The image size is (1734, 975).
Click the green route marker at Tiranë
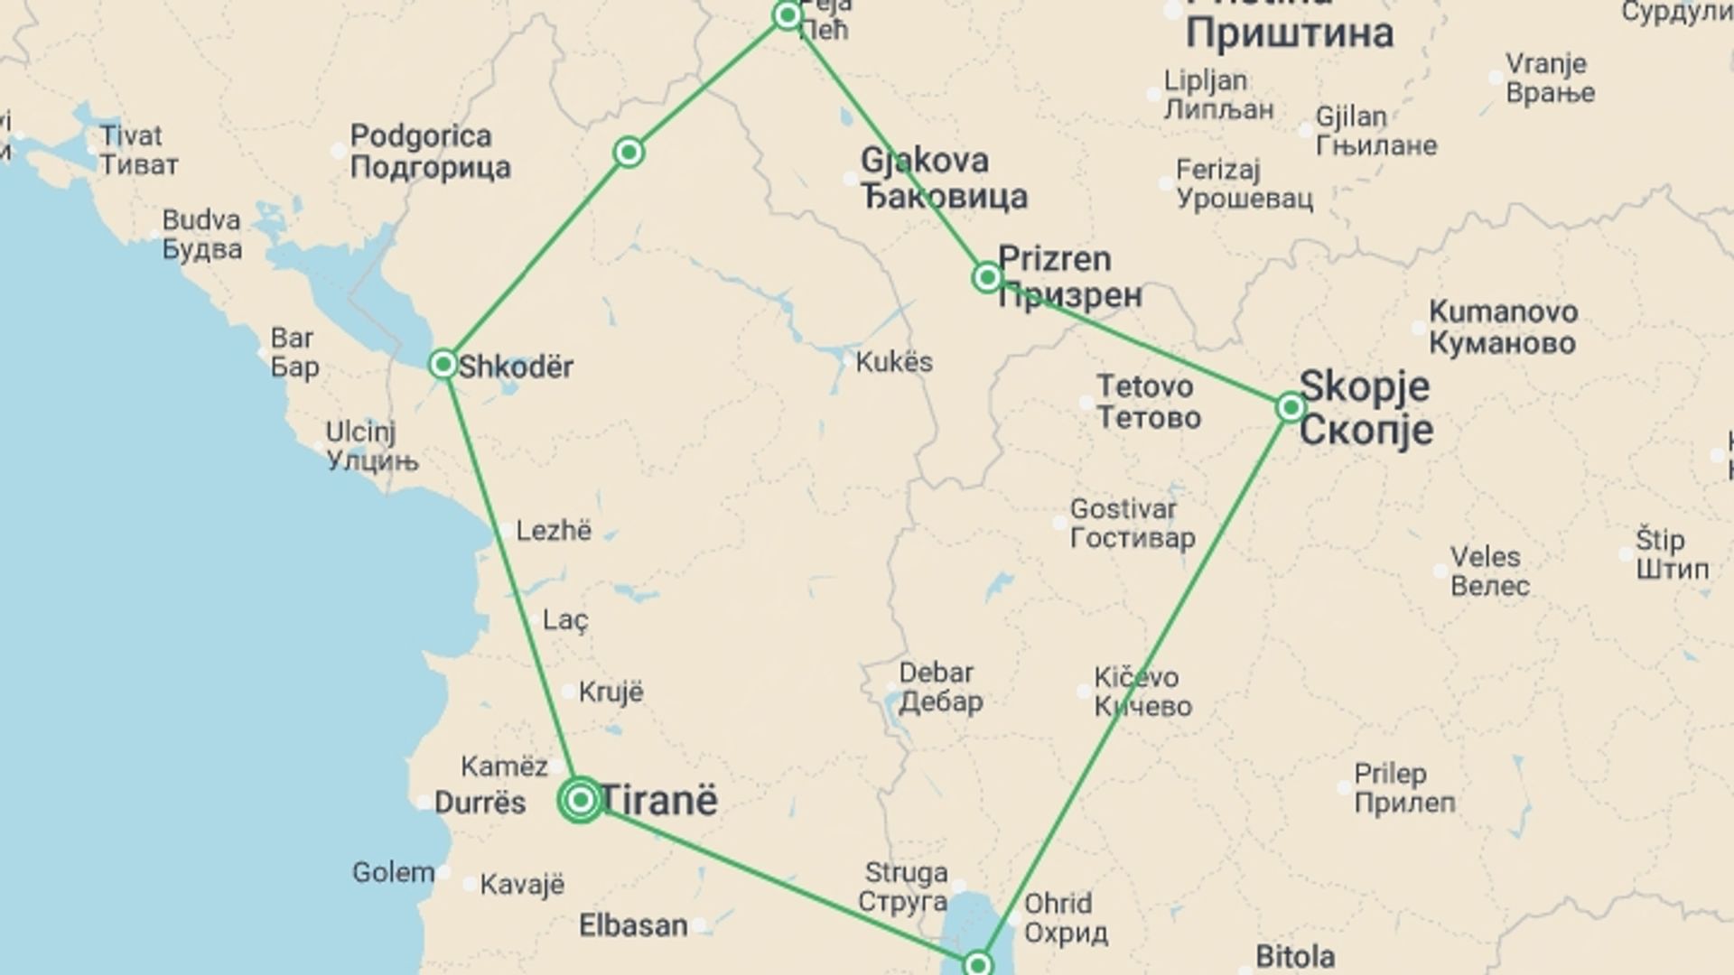tap(581, 800)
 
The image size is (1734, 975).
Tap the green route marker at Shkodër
tap(443, 364)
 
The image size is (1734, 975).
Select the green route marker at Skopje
tap(1291, 408)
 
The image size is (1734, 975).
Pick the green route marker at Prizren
tap(987, 277)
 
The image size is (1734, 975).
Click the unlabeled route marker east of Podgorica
tap(629, 152)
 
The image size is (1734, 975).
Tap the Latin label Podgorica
tap(421, 136)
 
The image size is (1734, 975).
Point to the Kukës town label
tap(894, 362)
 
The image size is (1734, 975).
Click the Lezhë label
tap(554, 530)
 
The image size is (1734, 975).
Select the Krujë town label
tap(611, 692)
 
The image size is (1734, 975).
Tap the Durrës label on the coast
tap(480, 803)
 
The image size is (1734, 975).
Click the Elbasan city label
tap(633, 925)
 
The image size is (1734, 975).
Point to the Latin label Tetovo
tap(1145, 386)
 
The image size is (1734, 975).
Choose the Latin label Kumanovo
tap(1504, 312)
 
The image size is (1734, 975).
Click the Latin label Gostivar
tap(1123, 509)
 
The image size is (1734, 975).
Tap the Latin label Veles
tap(1486, 557)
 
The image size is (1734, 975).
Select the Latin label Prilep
tap(1391, 774)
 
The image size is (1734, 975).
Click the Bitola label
tap(1295, 955)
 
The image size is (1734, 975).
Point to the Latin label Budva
tap(201, 220)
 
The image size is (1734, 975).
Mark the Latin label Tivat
tap(131, 136)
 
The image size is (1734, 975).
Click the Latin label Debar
tap(937, 673)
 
